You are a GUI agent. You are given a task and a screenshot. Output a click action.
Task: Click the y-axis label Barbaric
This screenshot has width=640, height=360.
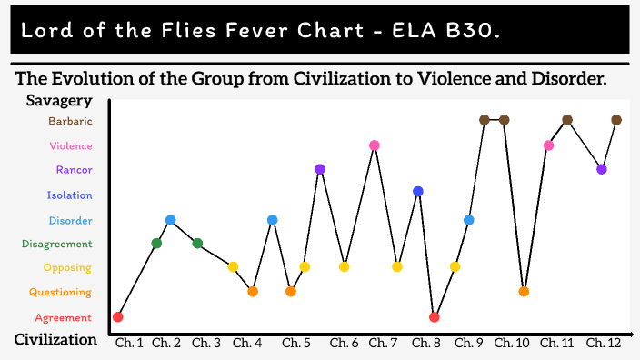coord(70,121)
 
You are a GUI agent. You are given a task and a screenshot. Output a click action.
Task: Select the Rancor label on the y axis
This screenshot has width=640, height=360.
coord(74,170)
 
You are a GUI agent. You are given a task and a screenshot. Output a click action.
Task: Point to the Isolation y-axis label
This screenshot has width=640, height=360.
coord(70,195)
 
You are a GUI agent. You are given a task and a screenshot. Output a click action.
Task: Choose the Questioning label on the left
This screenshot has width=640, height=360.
coord(60,293)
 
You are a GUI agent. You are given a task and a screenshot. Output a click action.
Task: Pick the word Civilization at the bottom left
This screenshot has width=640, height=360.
coord(55,340)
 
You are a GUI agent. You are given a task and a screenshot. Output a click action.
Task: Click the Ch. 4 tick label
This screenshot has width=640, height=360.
coord(247,343)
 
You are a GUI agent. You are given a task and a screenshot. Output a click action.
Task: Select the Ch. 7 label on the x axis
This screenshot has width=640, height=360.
coord(383,343)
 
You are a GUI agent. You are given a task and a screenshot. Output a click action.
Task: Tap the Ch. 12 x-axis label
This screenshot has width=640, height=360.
coord(605,343)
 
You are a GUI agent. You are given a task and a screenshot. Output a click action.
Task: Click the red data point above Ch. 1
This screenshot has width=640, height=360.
coord(118,316)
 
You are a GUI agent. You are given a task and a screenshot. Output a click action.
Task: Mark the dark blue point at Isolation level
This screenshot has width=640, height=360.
coord(418,191)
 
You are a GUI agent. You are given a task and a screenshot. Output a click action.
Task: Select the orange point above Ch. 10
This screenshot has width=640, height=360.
coord(524,292)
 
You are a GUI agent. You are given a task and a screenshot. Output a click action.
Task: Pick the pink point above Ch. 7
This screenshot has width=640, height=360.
coord(374,145)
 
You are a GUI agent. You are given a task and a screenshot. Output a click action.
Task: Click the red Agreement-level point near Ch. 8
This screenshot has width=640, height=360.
coord(435,317)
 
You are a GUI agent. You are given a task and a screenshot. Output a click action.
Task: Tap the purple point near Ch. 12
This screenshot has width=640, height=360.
coord(601,169)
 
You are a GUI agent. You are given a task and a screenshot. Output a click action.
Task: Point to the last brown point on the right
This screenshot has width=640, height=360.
coord(616,120)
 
